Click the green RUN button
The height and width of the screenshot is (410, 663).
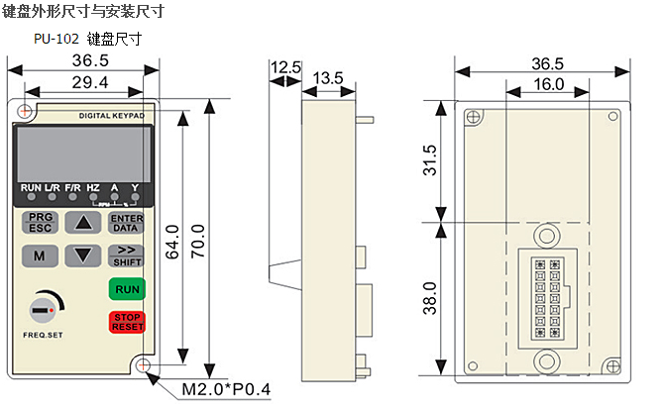(126, 289)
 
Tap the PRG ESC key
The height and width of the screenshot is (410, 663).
(41, 222)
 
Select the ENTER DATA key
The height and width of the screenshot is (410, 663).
(126, 222)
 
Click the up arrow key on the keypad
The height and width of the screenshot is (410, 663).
(84, 222)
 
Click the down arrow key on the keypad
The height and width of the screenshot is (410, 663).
(84, 256)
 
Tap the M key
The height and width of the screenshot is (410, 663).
(41, 256)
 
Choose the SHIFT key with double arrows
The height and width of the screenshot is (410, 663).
(126, 256)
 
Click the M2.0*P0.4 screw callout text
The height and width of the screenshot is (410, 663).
(226, 386)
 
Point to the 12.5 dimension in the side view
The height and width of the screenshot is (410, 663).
(285, 66)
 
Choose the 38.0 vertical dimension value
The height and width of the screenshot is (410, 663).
(429, 298)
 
